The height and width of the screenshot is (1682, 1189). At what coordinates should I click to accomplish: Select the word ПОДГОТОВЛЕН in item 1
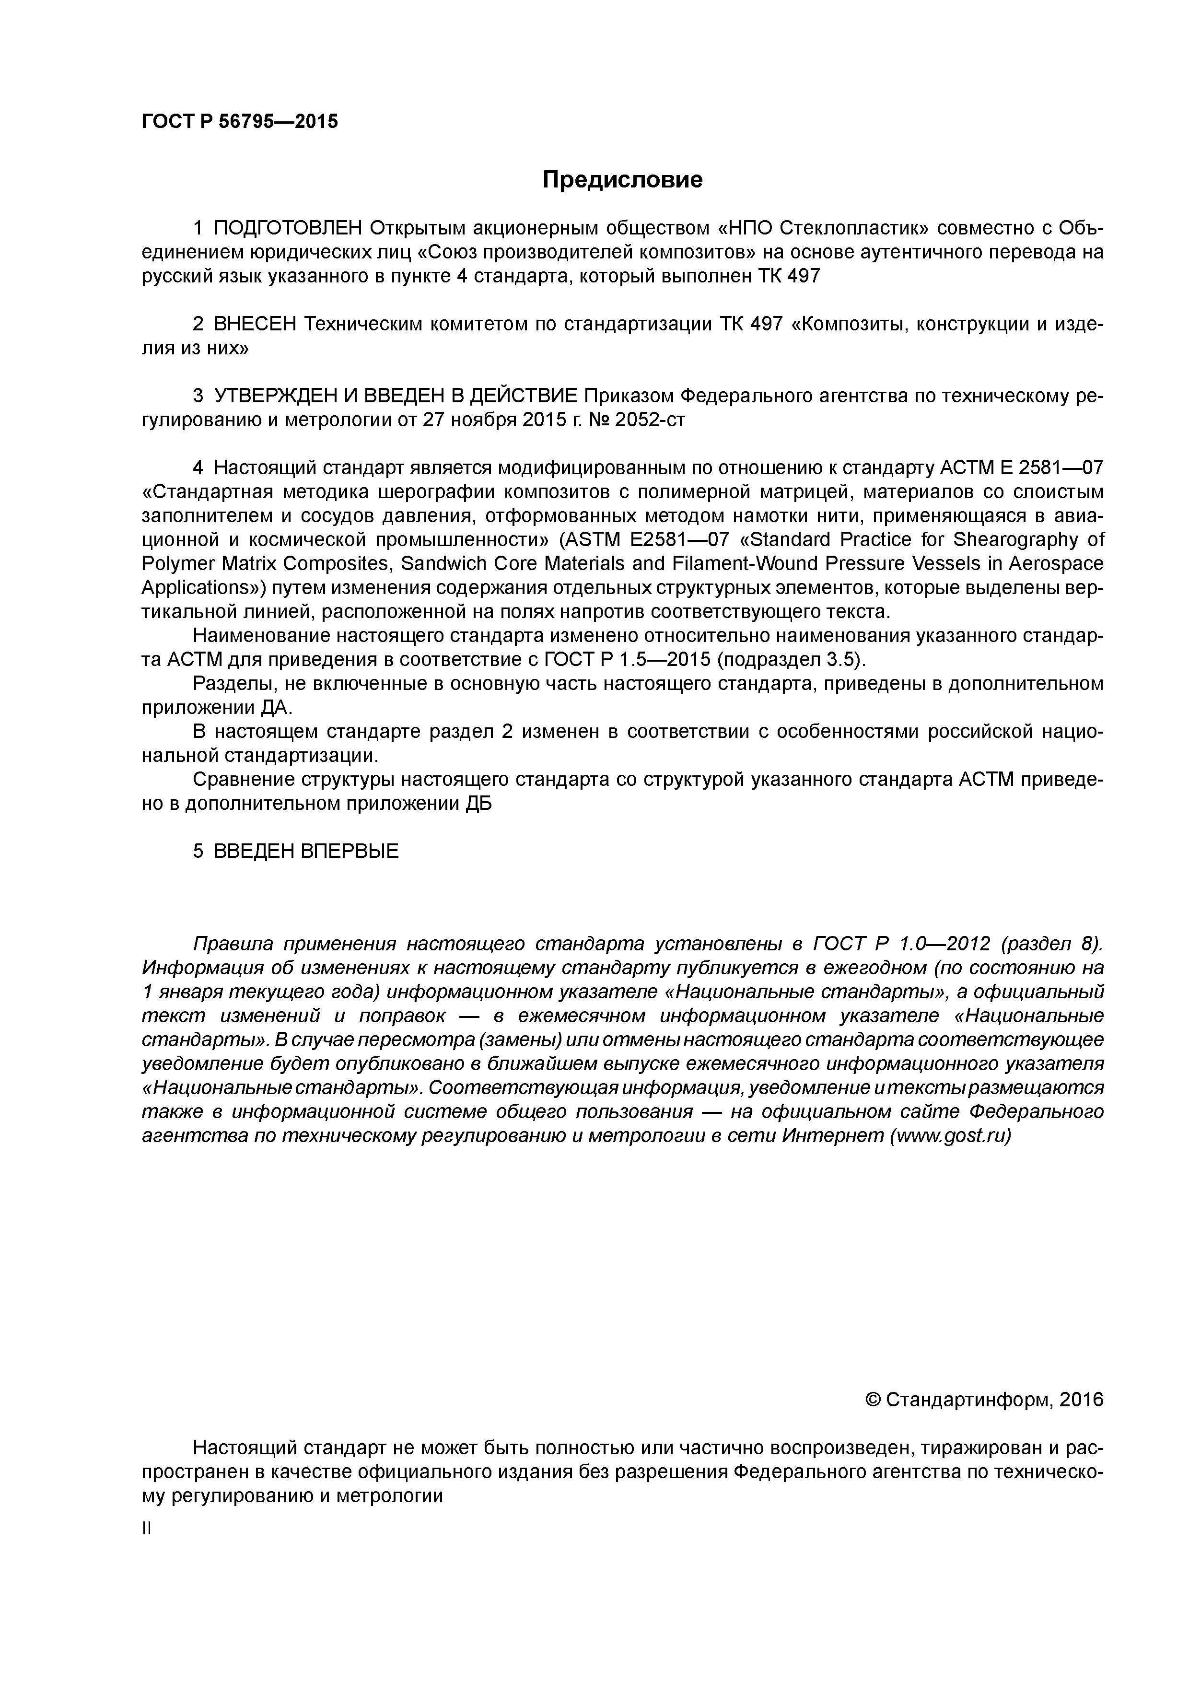(288, 229)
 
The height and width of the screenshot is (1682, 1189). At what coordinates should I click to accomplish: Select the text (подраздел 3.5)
(791, 660)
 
